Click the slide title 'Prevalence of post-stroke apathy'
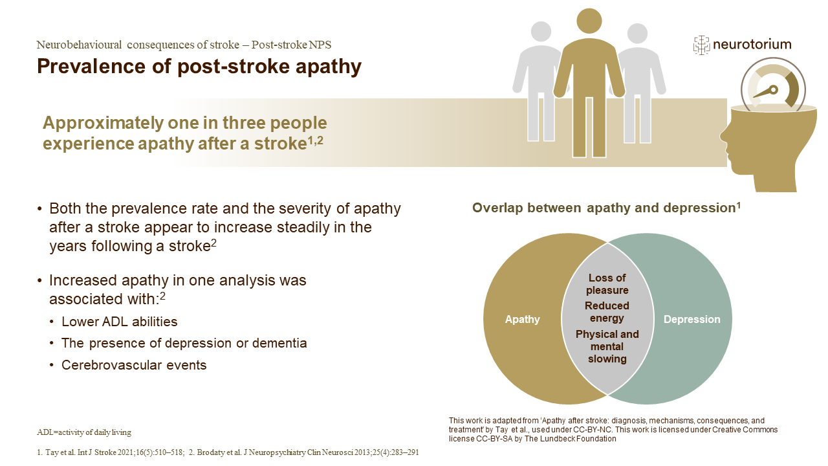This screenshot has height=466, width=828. [x=199, y=66]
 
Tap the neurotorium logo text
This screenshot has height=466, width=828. [x=752, y=45]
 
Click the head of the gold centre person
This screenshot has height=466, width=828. [x=589, y=21]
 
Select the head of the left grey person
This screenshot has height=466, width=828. [x=541, y=32]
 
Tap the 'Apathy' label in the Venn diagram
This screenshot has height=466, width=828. [x=522, y=319]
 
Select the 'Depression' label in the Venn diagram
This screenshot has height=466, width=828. [x=692, y=319]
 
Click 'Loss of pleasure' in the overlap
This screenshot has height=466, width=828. [x=607, y=284]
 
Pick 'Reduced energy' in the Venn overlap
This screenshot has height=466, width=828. [x=607, y=312]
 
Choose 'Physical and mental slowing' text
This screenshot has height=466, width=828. [x=607, y=346]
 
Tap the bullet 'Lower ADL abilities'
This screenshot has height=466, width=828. [x=120, y=322]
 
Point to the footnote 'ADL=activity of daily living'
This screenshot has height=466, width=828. [x=84, y=432]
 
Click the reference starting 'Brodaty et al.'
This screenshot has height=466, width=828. [x=304, y=452]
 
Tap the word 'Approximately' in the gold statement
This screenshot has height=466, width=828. [x=103, y=124]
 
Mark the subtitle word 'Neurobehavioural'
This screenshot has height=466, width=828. [x=79, y=45]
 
